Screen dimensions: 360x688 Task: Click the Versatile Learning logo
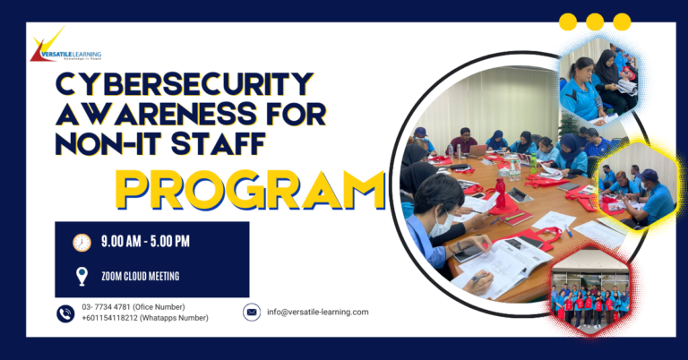click(x=64, y=48)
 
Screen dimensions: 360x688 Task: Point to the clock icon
click(x=82, y=243)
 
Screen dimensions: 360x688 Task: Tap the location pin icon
click(x=82, y=276)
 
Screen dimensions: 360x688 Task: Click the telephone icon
click(x=65, y=313)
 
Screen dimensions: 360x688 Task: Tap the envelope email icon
click(x=252, y=312)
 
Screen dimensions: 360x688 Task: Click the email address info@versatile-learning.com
click(x=318, y=312)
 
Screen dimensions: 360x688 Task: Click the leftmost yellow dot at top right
click(x=568, y=21)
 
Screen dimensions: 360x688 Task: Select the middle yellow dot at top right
click(x=595, y=21)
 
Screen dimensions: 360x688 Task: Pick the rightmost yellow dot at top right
click(x=622, y=21)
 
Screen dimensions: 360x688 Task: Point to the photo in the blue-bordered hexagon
click(x=598, y=80)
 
